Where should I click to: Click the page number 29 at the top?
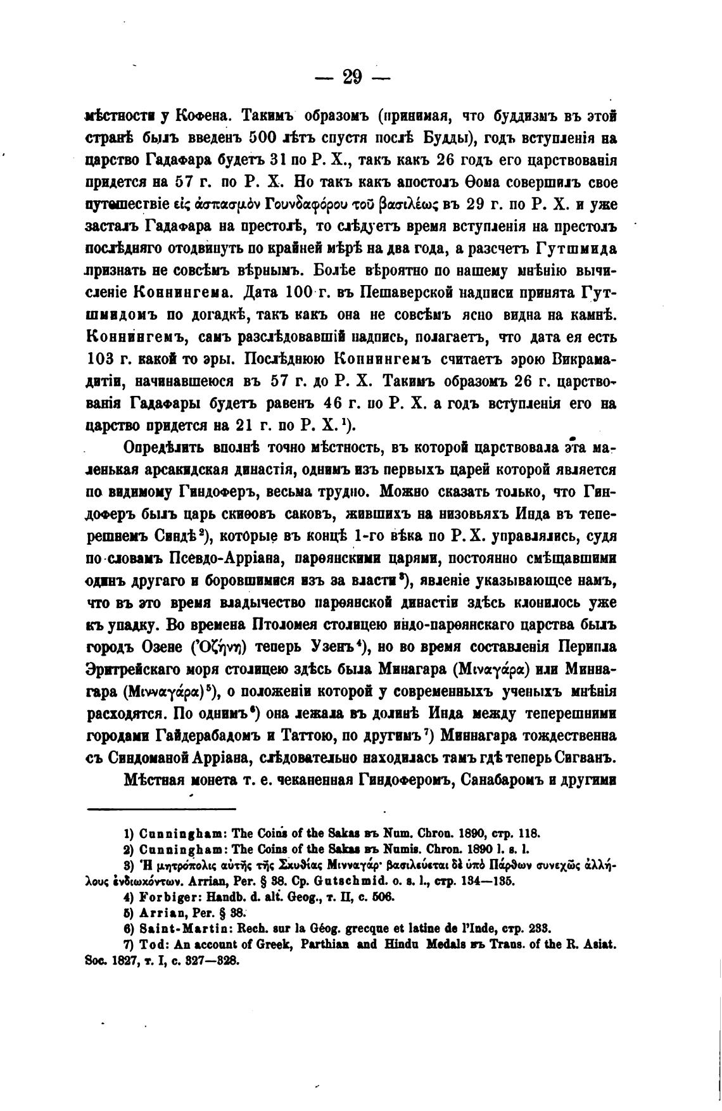352,77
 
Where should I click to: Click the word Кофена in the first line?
203,116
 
